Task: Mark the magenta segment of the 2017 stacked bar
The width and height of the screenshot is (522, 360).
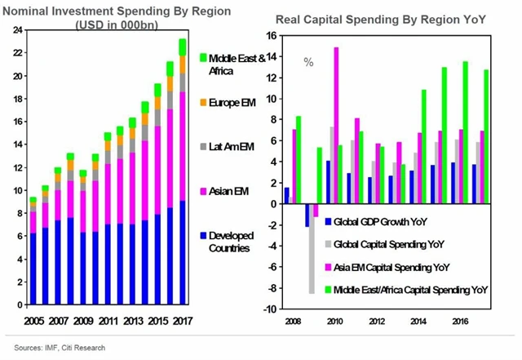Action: [x=182, y=146]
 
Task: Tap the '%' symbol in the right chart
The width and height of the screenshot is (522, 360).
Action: [x=309, y=62]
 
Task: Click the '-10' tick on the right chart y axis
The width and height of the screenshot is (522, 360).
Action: [x=270, y=309]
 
